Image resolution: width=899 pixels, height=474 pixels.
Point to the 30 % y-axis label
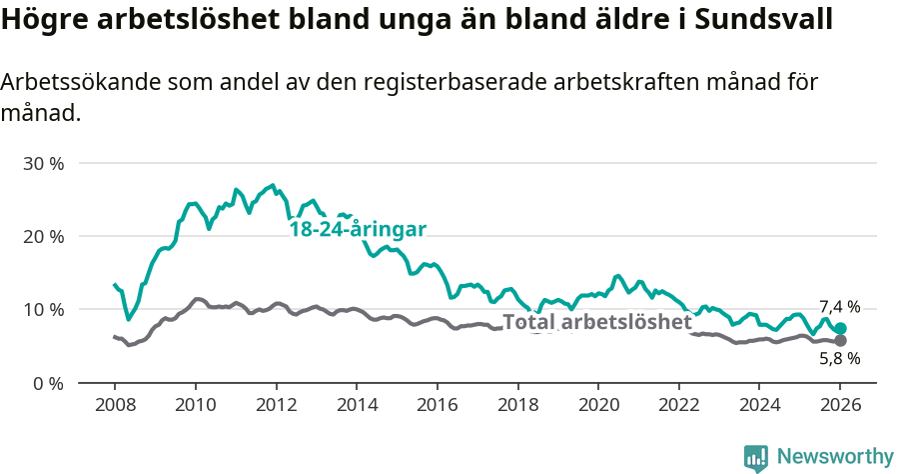pyautogui.click(x=43, y=163)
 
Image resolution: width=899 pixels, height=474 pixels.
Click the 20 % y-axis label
pyautogui.click(x=43, y=237)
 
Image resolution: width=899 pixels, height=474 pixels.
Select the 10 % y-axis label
pyautogui.click(x=43, y=310)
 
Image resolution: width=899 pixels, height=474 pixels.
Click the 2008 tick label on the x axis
pyautogui.click(x=114, y=407)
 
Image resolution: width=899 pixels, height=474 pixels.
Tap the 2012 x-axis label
pyautogui.click(x=275, y=407)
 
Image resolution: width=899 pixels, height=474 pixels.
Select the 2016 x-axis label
pyautogui.click(x=437, y=407)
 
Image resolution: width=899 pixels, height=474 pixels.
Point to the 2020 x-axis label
pyautogui.click(x=597, y=407)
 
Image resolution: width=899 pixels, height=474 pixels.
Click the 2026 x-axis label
pyautogui.click(x=840, y=407)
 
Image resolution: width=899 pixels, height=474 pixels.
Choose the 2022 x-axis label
pyautogui.click(x=678, y=407)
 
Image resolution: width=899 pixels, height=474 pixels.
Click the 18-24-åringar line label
pyautogui.click(x=358, y=230)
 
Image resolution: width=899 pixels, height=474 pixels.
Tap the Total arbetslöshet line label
pyautogui.click(x=596, y=322)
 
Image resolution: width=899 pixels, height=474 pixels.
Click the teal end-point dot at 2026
pyautogui.click(x=841, y=329)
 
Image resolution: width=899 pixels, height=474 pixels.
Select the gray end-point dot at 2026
pyautogui.click(x=841, y=341)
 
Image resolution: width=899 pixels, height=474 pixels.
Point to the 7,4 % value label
pyautogui.click(x=839, y=307)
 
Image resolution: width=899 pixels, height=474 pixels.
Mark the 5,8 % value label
pyautogui.click(x=839, y=358)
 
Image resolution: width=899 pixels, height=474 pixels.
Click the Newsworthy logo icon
pyautogui.click(x=756, y=457)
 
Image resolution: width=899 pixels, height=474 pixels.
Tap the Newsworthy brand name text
pyautogui.click(x=835, y=457)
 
